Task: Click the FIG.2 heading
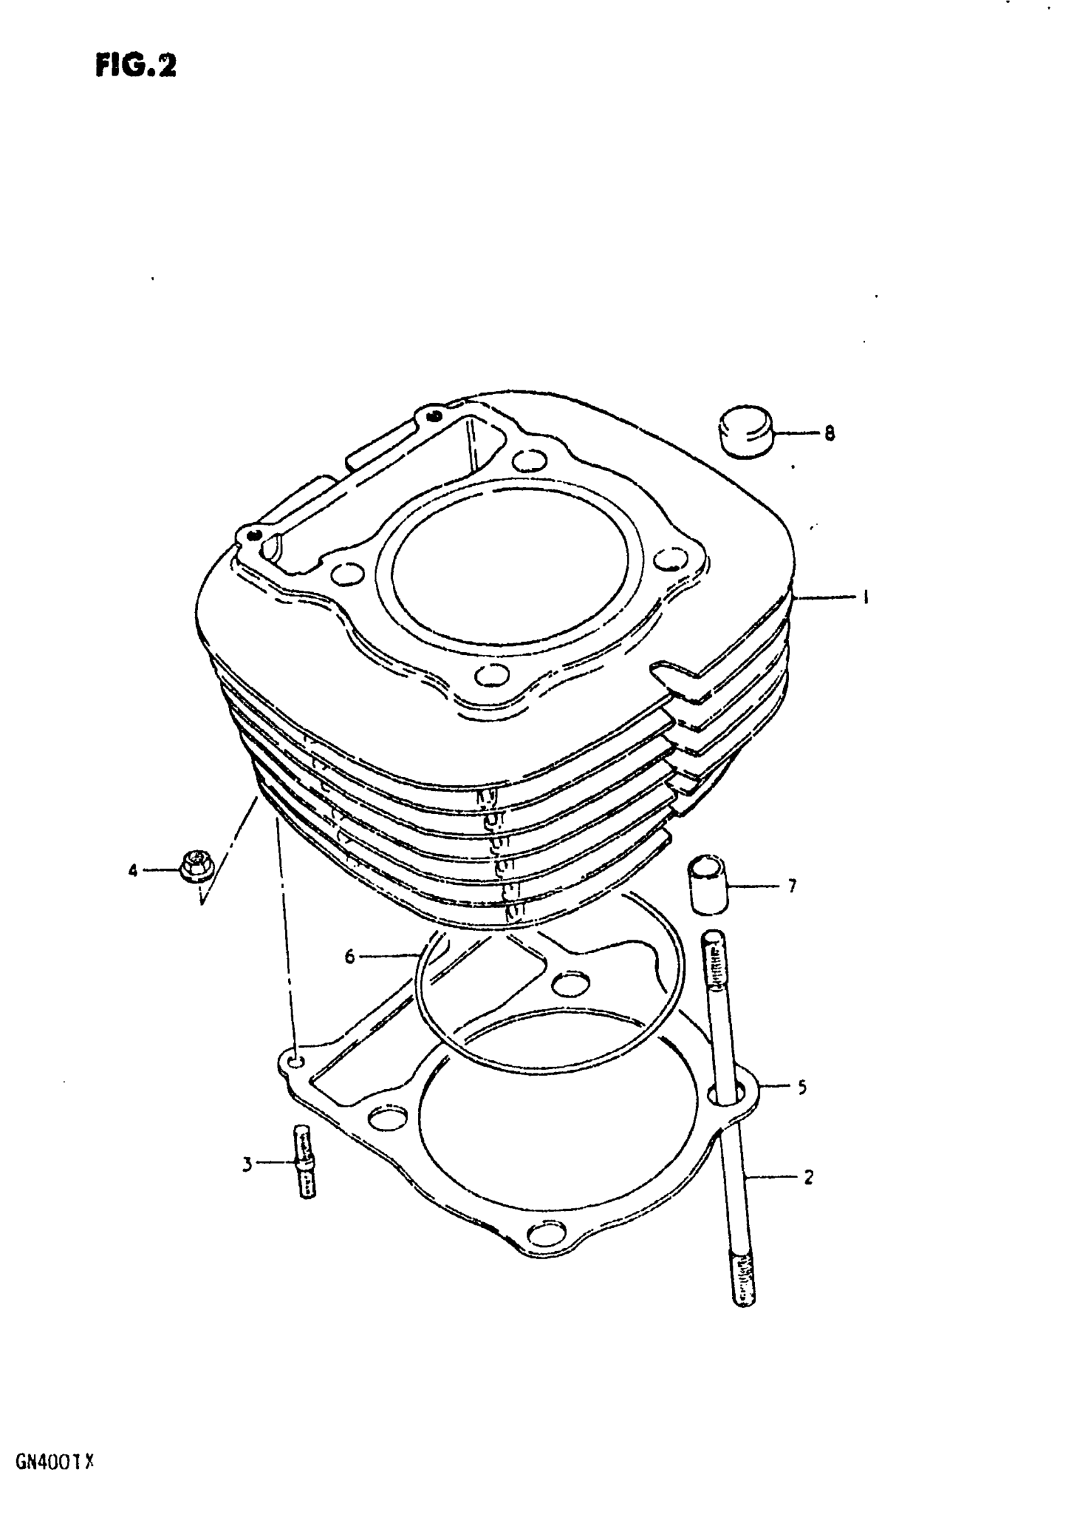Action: (136, 66)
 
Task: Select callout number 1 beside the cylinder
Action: (865, 598)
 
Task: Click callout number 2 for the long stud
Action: (808, 1177)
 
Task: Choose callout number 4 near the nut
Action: (133, 870)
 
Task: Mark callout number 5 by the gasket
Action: (802, 1087)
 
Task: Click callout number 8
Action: (829, 433)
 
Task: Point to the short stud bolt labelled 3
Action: (305, 1164)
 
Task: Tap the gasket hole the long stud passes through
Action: (725, 1091)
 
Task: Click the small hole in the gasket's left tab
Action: (296, 1062)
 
